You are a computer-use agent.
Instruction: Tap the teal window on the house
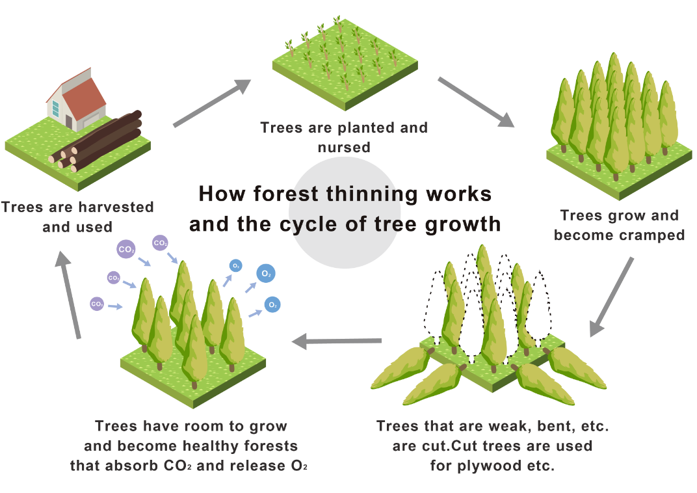(55, 109)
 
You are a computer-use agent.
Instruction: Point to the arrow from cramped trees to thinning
(611, 297)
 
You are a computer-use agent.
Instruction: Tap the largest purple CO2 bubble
(126, 248)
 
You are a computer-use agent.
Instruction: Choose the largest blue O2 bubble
(266, 274)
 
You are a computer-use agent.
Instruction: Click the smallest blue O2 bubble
(235, 265)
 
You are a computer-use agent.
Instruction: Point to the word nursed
(344, 147)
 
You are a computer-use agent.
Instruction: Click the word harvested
(114, 207)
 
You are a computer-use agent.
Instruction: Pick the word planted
(362, 127)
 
